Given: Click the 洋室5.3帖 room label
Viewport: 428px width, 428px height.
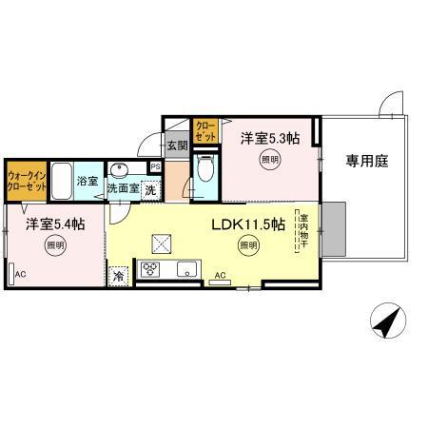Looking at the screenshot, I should [x=269, y=138].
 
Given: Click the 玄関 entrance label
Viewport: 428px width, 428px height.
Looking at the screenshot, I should [x=177, y=146].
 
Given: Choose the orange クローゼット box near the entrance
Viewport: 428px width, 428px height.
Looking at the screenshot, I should [x=204, y=131].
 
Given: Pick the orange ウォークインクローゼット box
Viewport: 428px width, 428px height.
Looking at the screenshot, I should [x=26, y=182].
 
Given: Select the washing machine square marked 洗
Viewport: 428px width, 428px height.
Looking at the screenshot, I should [x=149, y=189].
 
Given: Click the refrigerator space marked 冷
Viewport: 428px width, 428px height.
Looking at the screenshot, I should [x=120, y=275].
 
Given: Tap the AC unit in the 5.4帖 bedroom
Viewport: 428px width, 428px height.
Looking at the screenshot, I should [x=14, y=271].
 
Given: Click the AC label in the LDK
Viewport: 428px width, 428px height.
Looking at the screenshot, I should [x=220, y=277].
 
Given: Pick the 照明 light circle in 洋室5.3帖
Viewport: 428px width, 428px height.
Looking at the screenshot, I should [x=269, y=160].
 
